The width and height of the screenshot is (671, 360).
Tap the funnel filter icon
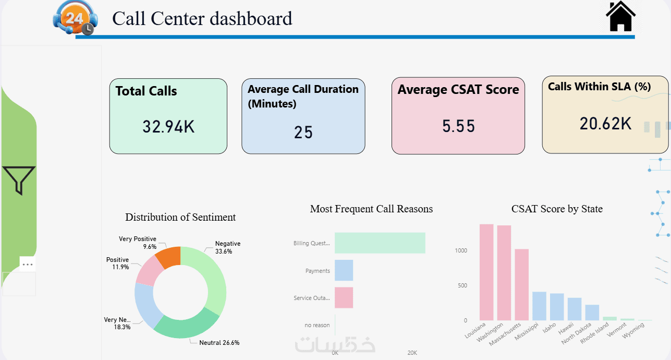(19, 181)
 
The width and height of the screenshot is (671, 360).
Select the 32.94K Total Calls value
(168, 126)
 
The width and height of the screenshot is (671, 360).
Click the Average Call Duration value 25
(303, 133)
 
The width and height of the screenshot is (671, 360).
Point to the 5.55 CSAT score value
(459, 126)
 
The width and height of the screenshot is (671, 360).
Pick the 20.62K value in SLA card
(606, 124)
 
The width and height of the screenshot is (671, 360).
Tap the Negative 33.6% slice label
(228, 247)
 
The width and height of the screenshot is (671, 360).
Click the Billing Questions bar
(380, 243)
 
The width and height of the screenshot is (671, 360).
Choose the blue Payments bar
(344, 270)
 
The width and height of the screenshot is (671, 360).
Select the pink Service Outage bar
(344, 297)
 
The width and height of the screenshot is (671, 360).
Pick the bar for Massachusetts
(521, 284)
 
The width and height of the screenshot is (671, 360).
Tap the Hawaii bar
(575, 309)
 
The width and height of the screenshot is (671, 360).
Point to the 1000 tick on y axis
(461, 250)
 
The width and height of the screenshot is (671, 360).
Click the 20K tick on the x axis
(412, 353)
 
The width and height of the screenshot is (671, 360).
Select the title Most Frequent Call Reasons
(371, 209)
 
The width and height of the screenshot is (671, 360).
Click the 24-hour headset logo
(72, 18)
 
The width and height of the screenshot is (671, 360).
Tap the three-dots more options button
(28, 265)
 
